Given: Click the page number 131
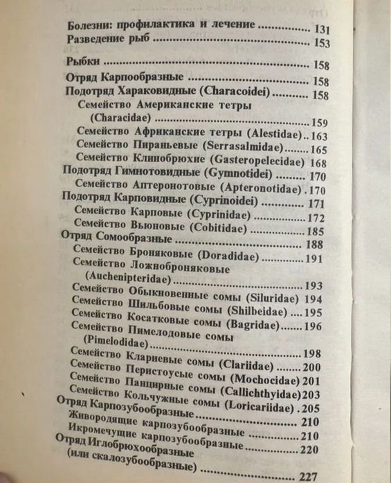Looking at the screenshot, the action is [322, 30].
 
